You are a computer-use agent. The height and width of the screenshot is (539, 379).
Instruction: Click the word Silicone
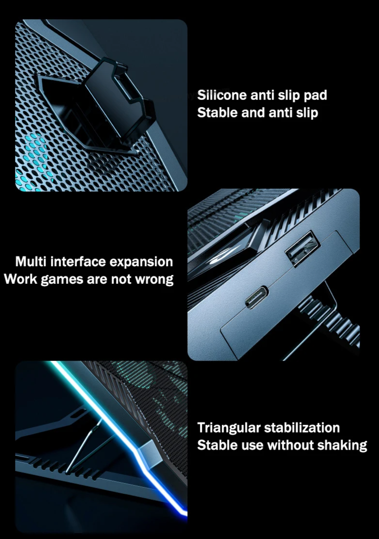click(222, 95)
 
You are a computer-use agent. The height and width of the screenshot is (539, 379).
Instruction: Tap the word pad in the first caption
click(315, 95)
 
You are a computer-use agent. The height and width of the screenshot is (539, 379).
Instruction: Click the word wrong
click(153, 280)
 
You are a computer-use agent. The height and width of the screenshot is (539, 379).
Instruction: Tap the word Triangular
click(228, 428)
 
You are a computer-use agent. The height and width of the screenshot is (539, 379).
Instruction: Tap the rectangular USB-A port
click(301, 248)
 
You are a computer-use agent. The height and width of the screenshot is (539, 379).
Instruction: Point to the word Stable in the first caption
click(216, 113)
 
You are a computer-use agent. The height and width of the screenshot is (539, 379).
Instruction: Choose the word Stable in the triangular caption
click(216, 445)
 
